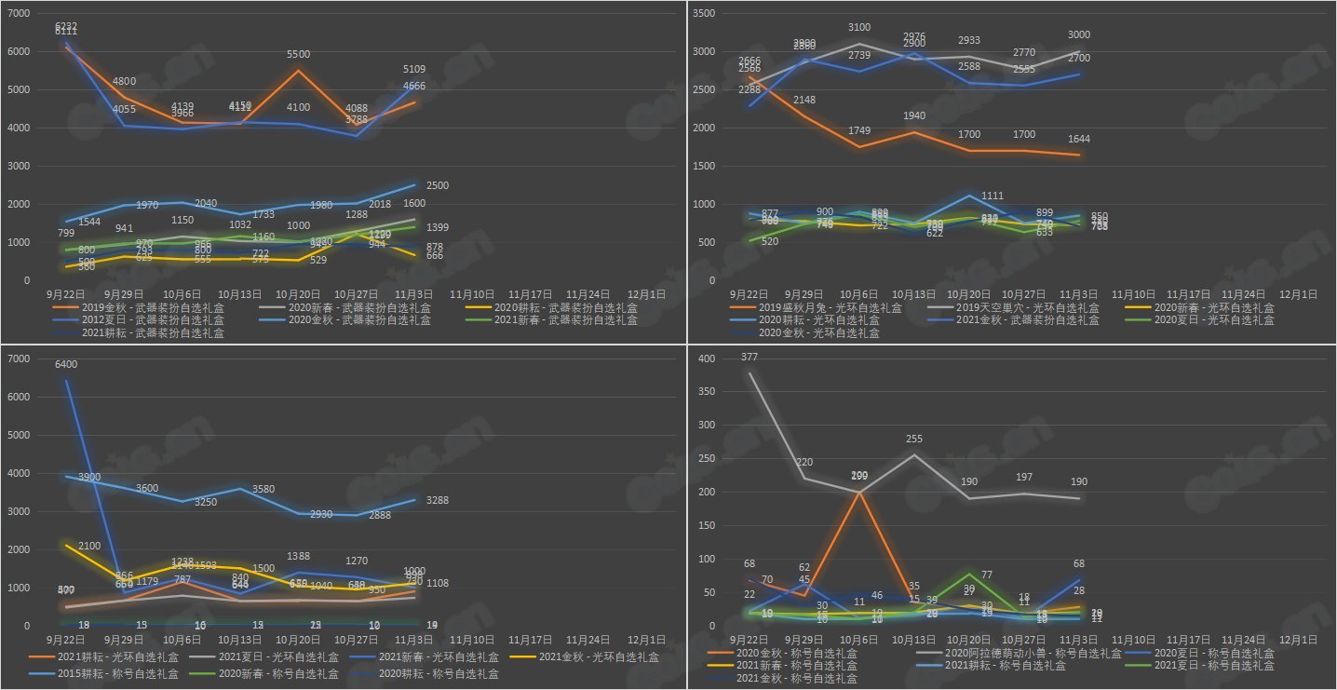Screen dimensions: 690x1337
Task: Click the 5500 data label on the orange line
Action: point(299,55)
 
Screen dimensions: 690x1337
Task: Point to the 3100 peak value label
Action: point(859,28)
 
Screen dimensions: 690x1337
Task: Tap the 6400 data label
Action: point(67,365)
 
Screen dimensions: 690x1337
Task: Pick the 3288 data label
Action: point(437,501)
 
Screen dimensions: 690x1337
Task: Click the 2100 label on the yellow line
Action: point(89,546)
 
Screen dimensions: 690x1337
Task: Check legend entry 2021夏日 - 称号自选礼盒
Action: point(1218,666)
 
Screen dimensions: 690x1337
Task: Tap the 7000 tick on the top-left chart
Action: point(18,14)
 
